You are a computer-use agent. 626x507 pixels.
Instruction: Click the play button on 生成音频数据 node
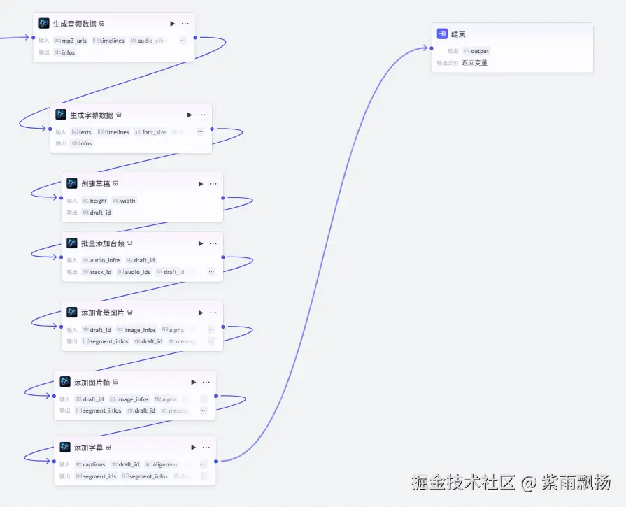173,24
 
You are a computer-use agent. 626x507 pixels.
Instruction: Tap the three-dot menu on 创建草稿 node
213,184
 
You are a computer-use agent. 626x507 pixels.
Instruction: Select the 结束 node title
458,34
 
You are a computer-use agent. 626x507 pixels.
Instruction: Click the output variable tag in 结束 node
479,51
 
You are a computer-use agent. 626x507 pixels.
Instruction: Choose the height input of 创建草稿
98,201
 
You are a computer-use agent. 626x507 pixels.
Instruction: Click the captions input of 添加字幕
94,464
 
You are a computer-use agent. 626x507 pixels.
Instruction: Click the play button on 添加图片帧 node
194,383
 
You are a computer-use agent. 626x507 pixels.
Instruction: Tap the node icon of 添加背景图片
72,313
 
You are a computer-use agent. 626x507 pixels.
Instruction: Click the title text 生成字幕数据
91,115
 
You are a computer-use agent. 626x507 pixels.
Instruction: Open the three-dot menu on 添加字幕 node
206,448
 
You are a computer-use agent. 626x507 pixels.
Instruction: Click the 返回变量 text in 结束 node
475,63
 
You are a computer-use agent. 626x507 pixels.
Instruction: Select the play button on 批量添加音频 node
201,244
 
